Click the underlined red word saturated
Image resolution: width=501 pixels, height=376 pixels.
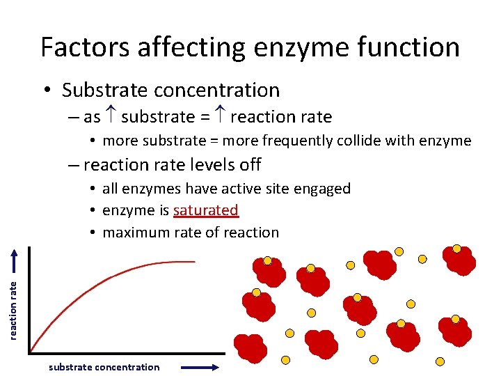coord(206,210)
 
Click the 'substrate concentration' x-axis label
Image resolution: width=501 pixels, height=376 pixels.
coord(104,367)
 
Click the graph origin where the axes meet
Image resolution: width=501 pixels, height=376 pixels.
coord(30,352)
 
